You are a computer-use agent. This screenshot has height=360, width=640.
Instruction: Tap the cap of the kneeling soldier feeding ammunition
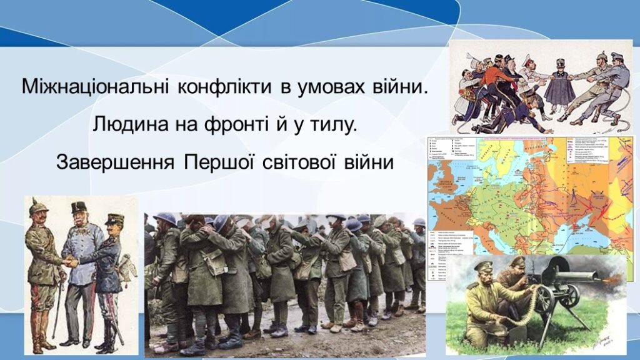click(x=482, y=267)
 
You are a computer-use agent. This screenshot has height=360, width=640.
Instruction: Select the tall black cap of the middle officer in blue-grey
click(x=79, y=207)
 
